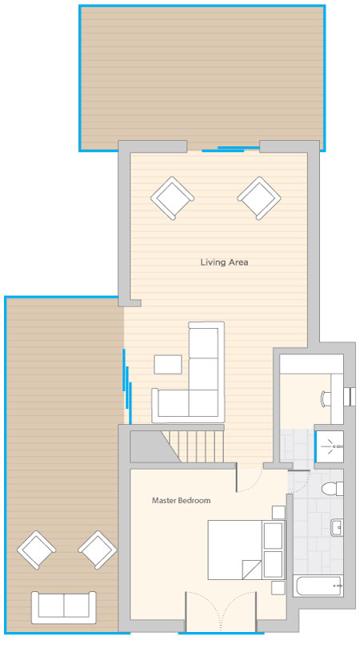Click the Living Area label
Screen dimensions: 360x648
point(224,262)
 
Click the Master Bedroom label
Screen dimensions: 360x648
point(181,500)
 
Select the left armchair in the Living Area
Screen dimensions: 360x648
point(172,198)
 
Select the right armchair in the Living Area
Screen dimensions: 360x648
point(259,198)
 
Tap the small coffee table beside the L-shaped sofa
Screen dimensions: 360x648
point(168,365)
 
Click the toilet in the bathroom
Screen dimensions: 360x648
point(333,489)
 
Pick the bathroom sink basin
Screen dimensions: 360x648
point(337,528)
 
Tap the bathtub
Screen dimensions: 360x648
point(318,586)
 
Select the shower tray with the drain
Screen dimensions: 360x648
point(330,446)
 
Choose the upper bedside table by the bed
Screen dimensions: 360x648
point(278,513)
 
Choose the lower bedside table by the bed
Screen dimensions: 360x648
point(278,588)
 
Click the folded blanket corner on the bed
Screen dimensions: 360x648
point(252,570)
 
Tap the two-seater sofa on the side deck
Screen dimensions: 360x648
point(64,607)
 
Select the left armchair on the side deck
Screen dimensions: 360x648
point(36,550)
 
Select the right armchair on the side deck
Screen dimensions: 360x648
point(98,550)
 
